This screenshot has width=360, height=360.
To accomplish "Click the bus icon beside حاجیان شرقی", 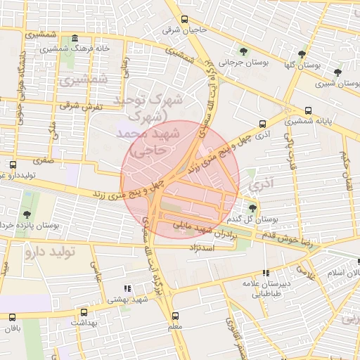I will [185, 20].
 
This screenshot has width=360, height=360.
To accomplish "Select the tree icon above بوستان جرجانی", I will [243, 51].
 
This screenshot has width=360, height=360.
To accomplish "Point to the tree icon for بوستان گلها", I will [302, 53].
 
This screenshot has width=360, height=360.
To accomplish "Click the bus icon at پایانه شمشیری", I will [309, 110].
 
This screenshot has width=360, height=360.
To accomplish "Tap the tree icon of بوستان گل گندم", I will [252, 207].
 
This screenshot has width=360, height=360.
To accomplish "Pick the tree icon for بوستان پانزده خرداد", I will [27, 214].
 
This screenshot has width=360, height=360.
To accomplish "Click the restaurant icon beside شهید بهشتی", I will [127, 288].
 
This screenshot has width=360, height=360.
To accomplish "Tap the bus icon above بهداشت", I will [84, 311].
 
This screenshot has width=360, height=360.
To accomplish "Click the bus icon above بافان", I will [12, 318].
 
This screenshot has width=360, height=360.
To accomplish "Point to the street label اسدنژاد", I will [205, 248].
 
